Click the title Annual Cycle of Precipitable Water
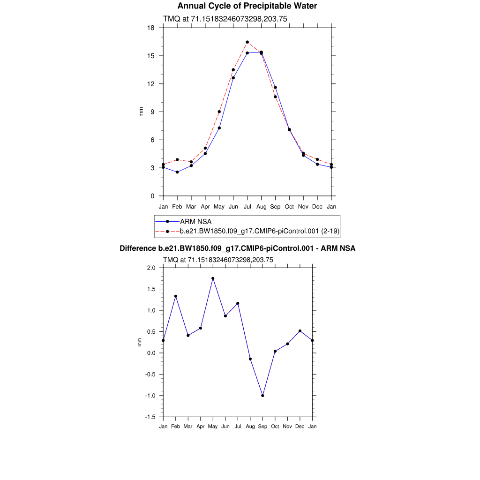tap(247, 6)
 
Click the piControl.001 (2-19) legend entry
tap(259, 231)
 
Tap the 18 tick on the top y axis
tap(150, 28)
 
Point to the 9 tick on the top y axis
tap(152, 112)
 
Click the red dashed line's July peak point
tap(247, 42)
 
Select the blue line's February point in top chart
tap(177, 172)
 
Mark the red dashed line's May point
tap(219, 112)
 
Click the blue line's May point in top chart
tap(219, 128)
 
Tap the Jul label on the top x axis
tap(247, 207)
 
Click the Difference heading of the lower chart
tap(237, 248)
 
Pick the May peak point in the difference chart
tap(213, 278)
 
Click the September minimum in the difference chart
tap(262, 396)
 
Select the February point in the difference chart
tap(176, 296)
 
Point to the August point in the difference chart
tap(250, 359)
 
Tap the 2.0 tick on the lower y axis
tap(150, 268)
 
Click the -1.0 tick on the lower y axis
tap(150, 396)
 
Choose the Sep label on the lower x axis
tap(262, 427)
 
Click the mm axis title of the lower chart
tap(140, 343)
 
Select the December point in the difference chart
tap(300, 331)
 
